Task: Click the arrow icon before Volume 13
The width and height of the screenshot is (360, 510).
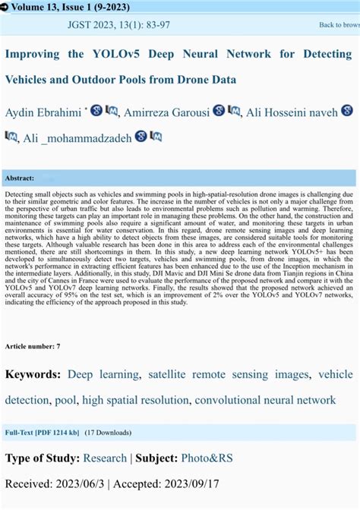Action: [x=5, y=7]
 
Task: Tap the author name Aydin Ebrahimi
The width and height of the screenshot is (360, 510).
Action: [x=43, y=113]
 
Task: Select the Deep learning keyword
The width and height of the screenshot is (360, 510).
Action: [x=103, y=374]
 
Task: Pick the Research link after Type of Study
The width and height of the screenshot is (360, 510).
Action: [x=105, y=458]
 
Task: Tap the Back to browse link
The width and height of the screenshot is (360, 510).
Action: [x=339, y=25]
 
